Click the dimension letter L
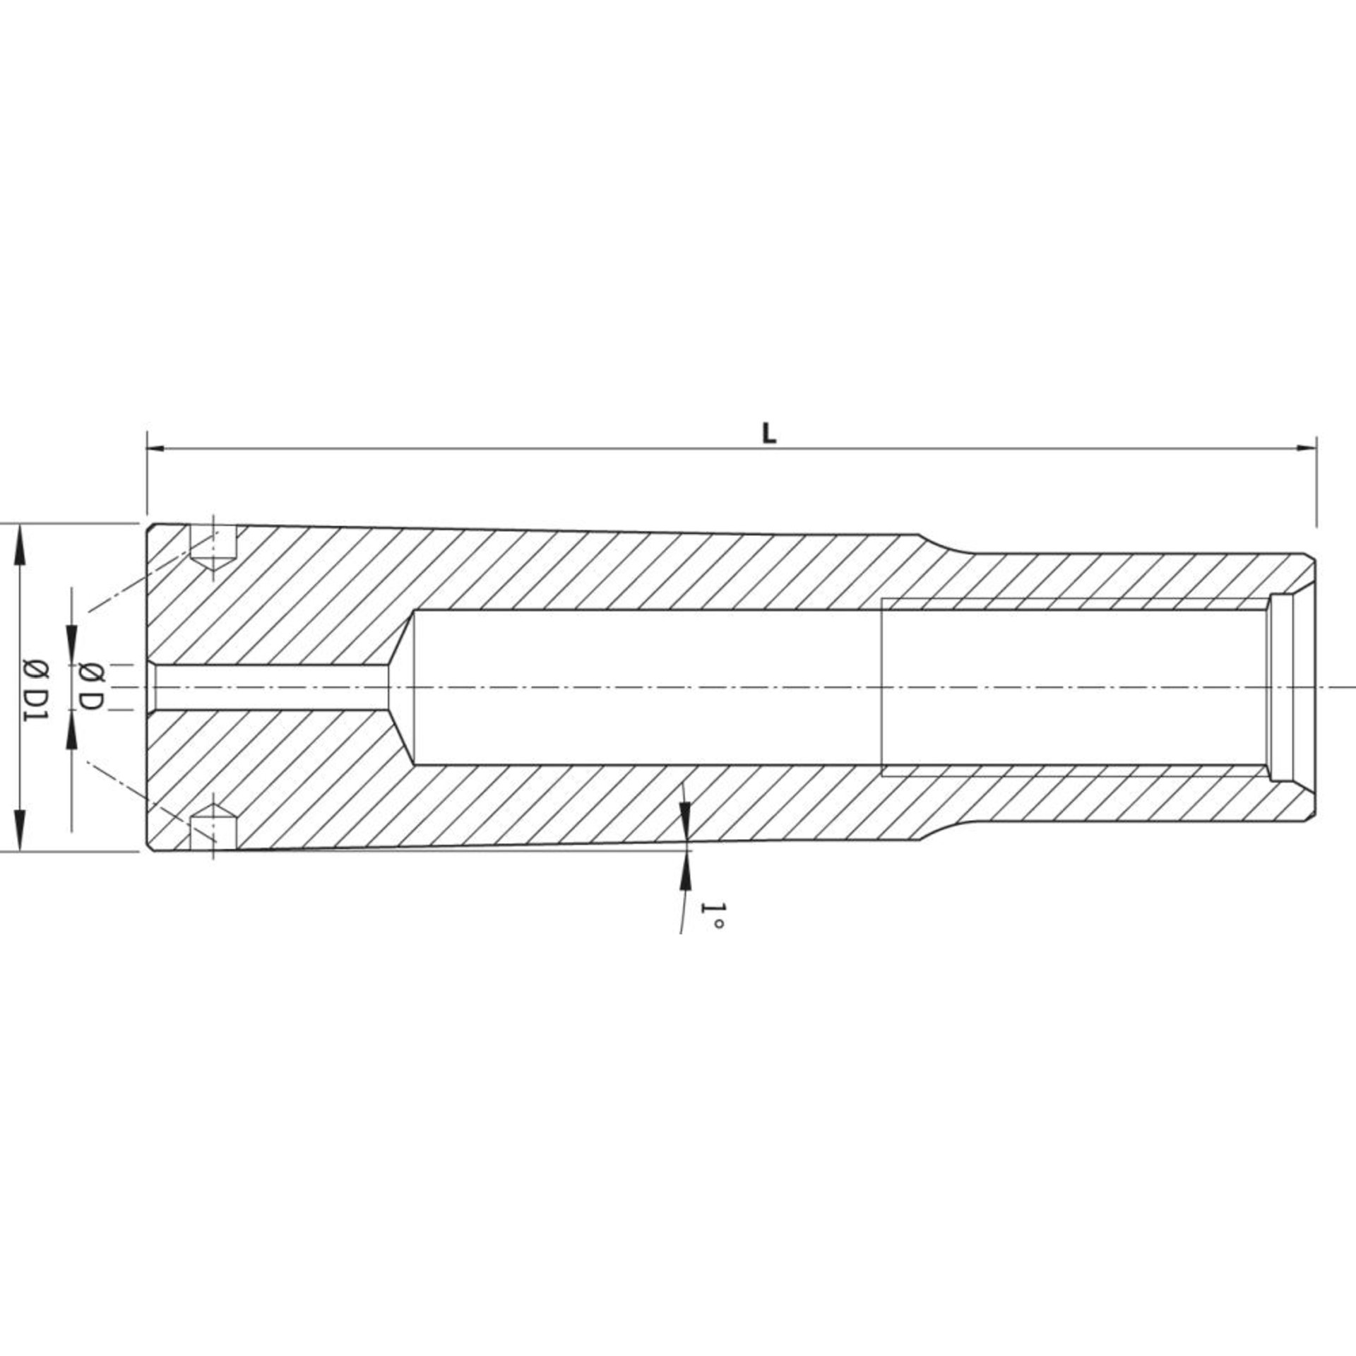pos(769,434)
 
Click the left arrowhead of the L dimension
pos(156,448)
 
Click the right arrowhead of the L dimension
pos(1306,448)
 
